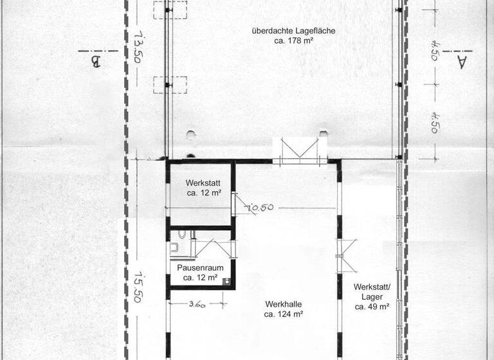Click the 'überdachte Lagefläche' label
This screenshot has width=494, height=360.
[293, 32]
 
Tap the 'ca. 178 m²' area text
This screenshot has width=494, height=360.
[293, 40]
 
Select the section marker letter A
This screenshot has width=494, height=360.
[461, 62]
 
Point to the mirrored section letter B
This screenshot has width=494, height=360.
[95, 62]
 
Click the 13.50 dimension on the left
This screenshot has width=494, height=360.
[137, 47]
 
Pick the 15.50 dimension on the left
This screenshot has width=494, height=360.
[138, 287]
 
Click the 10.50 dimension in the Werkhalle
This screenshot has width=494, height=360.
[260, 208]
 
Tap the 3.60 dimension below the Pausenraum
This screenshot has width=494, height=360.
[197, 305]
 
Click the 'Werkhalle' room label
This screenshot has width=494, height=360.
[284, 304]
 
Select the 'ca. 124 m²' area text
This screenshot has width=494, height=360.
[284, 314]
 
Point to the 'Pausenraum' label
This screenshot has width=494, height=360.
[201, 268]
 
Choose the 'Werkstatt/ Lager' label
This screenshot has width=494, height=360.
[372, 292]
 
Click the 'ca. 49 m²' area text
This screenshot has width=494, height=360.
[372, 307]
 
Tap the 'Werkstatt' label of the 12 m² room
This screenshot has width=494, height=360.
[203, 183]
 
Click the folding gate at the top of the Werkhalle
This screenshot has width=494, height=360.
[300, 151]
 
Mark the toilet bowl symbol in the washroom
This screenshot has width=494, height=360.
[182, 234]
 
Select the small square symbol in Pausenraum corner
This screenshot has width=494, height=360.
[226, 282]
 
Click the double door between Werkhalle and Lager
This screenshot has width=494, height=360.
[347, 256]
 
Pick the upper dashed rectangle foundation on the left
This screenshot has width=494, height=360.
[170, 10]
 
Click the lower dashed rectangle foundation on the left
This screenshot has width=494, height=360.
[170, 85]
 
